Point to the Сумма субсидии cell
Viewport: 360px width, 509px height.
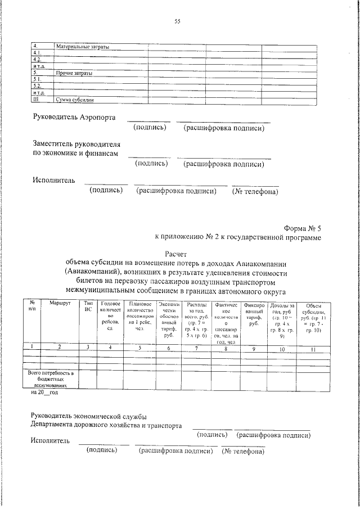click(x=75, y=100)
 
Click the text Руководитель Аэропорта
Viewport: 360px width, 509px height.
click(x=74, y=119)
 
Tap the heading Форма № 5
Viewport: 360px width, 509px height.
click(x=303, y=228)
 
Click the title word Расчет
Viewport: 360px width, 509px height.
click(x=178, y=255)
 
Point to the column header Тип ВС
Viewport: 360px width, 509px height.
click(x=88, y=307)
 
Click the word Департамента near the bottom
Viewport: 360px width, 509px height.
click(x=56, y=426)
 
